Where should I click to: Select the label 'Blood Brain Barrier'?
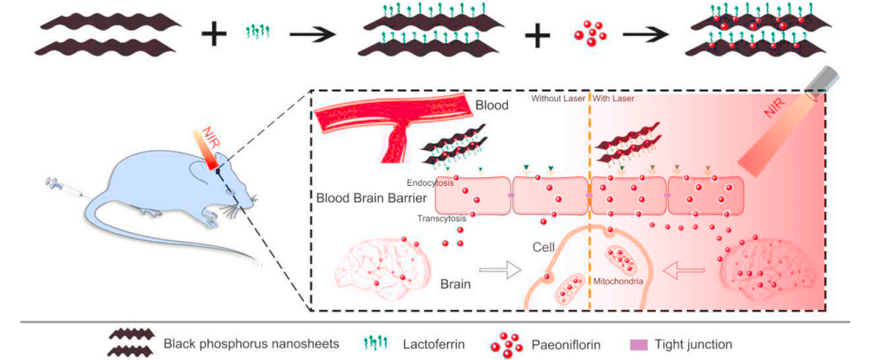click(x=368, y=198)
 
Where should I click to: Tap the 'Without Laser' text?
click(x=557, y=98)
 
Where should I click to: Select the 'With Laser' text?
click(x=613, y=98)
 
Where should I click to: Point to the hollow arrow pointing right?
click(x=500, y=273)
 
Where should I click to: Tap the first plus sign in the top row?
click(x=213, y=34)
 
